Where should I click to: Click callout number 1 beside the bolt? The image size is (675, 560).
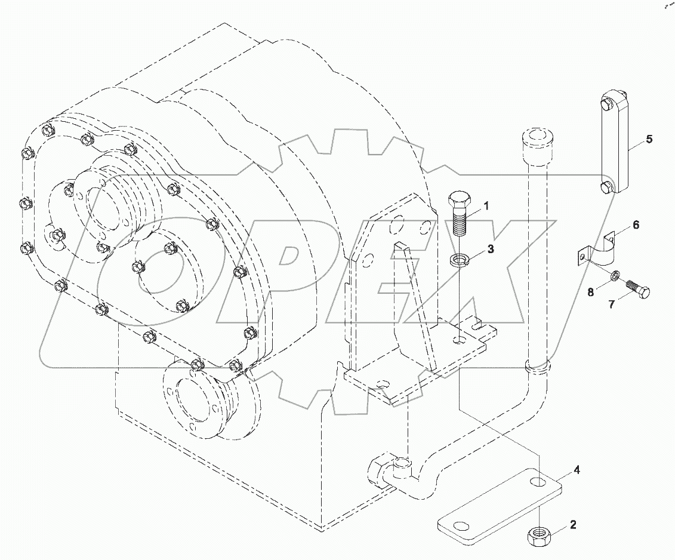[x=486, y=206]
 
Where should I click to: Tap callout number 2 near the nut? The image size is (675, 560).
[x=573, y=525]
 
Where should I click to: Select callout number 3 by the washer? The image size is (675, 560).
[x=490, y=250]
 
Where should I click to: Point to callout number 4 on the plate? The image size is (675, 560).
[x=577, y=470]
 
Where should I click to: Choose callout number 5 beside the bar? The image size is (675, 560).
[x=649, y=139]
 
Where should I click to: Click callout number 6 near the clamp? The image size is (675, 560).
[x=636, y=224]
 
